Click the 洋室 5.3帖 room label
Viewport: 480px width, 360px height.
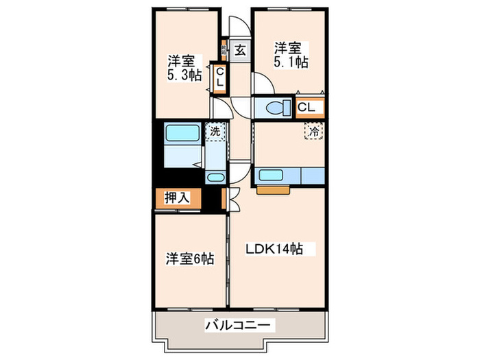[x=184, y=67]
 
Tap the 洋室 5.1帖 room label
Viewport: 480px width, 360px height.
[x=291, y=55]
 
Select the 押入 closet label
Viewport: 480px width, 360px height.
[x=177, y=198]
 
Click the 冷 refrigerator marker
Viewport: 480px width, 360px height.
[x=313, y=131]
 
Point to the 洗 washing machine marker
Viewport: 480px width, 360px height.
[x=215, y=130]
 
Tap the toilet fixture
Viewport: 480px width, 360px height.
[x=276, y=108]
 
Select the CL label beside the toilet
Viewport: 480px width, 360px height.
[x=307, y=107]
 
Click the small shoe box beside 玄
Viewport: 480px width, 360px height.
[x=225, y=49]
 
